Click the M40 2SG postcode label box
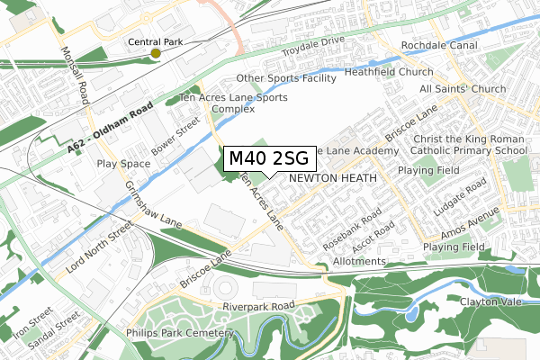(x=268, y=158)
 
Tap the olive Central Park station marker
(x=156, y=54)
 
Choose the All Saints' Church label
(x=463, y=90)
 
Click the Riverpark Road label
(x=256, y=307)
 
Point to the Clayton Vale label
(x=490, y=302)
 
